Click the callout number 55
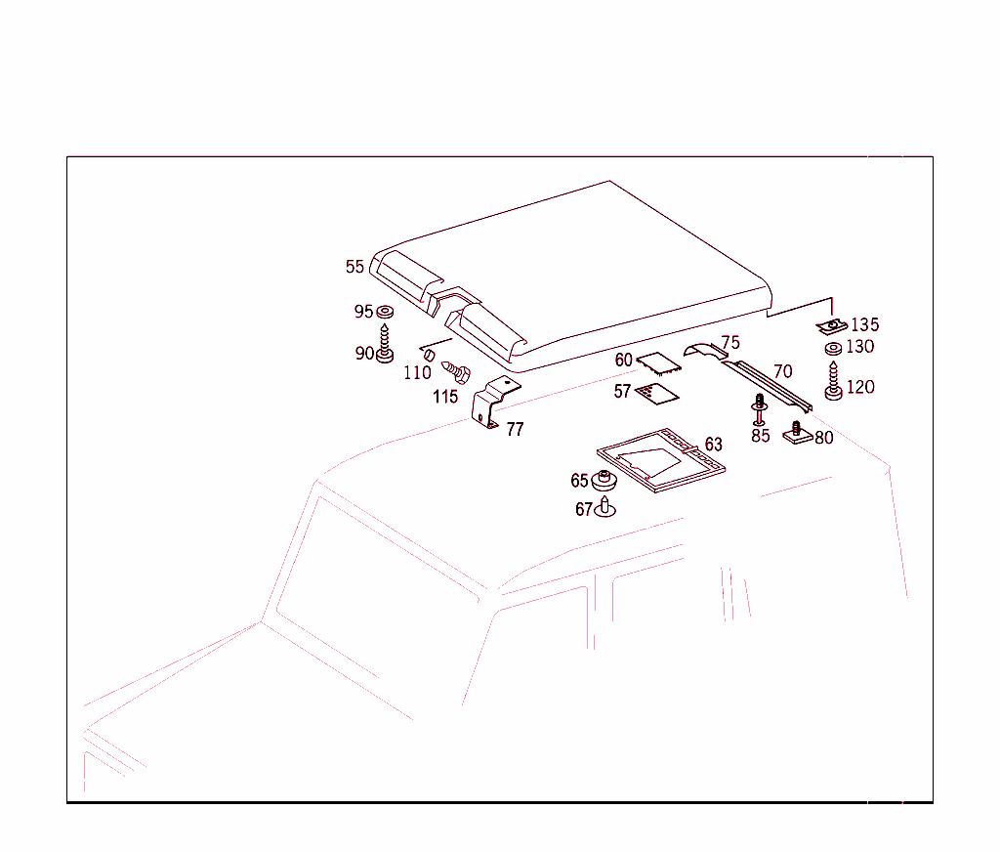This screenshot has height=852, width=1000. click(x=354, y=266)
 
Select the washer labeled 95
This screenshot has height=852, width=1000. click(x=385, y=312)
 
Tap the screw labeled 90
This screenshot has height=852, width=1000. click(x=385, y=344)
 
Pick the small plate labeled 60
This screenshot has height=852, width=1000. click(x=659, y=363)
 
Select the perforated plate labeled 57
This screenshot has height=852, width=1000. click(x=657, y=393)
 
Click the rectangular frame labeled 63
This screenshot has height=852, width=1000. click(x=661, y=460)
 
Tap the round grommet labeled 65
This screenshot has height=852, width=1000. click(x=604, y=480)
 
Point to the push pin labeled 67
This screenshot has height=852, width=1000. click(x=604, y=507)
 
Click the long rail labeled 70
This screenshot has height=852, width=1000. click(x=768, y=386)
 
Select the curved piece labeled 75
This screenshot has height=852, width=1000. click(x=705, y=351)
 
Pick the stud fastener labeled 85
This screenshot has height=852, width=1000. click(x=759, y=409)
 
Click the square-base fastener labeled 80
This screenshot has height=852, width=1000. click(x=797, y=434)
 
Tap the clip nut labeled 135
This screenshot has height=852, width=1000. click(x=832, y=326)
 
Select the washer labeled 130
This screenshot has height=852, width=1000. click(x=834, y=349)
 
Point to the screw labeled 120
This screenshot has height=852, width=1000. click(x=834, y=381)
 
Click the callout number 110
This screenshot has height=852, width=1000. click(x=417, y=372)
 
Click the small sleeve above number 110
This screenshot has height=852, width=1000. click(x=430, y=355)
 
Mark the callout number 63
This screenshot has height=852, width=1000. click(x=714, y=445)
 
